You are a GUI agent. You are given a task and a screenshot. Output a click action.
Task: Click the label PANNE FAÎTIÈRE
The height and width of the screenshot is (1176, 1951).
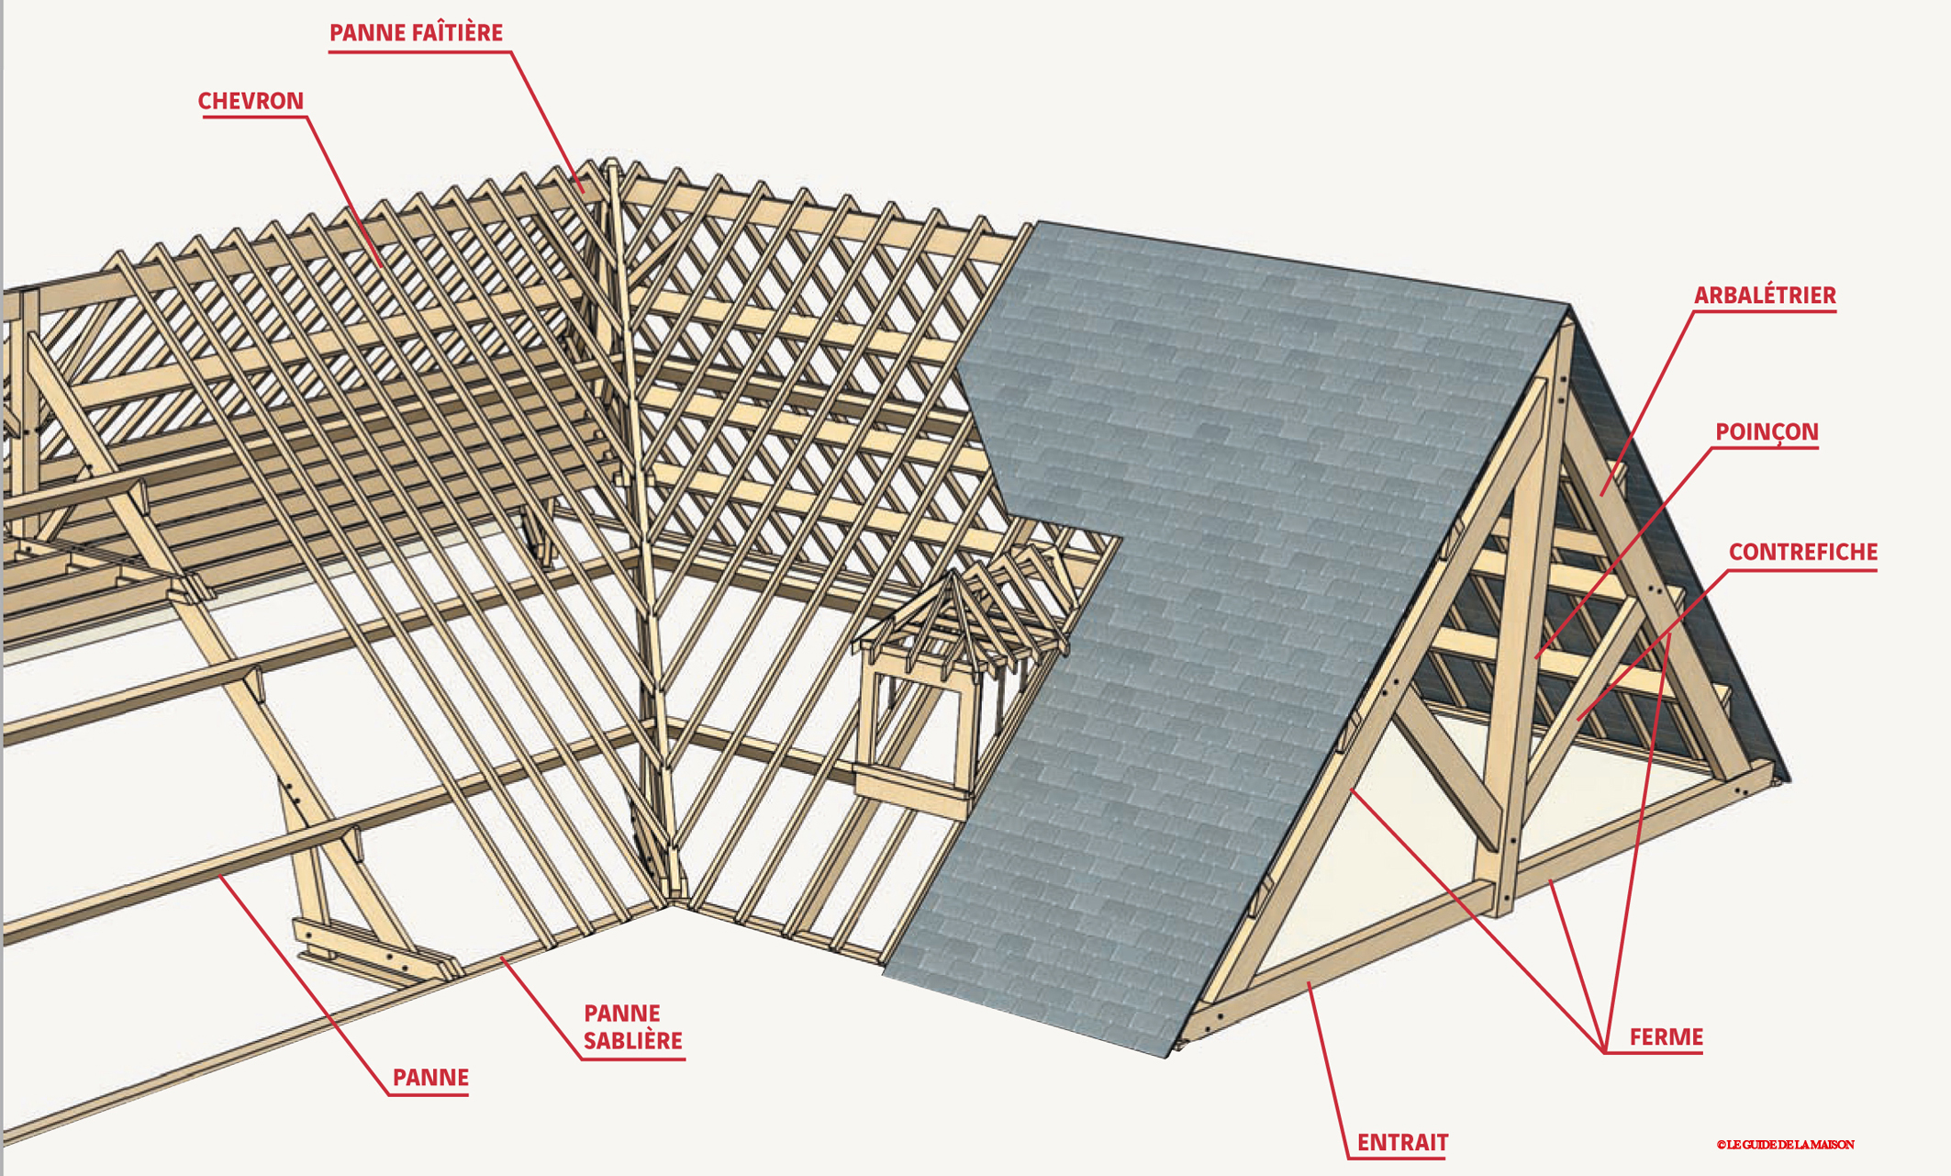(416, 33)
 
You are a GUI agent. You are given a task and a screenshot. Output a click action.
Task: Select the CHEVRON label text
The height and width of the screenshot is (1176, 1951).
(251, 101)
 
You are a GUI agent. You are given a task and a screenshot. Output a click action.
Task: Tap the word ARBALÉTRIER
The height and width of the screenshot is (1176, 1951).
(1764, 296)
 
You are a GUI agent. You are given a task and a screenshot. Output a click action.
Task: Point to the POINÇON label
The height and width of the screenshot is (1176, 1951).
(1767, 432)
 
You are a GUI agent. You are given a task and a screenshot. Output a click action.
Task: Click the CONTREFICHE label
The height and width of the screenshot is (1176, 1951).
(1802, 552)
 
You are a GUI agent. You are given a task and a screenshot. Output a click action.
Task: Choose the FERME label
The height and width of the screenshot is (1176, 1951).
(1666, 1037)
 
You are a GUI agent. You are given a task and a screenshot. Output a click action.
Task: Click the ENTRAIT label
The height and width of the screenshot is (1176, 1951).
(1402, 1143)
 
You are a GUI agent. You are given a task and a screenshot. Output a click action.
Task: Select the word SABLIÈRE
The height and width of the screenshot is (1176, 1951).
(633, 1041)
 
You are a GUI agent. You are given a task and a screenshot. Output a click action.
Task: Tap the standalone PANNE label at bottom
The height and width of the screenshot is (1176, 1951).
(430, 1078)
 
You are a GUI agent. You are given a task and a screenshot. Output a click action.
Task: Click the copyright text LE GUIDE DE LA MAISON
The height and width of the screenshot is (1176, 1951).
(1786, 1145)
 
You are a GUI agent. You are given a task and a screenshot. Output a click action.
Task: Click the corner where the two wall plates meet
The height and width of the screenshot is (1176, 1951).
(671, 904)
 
